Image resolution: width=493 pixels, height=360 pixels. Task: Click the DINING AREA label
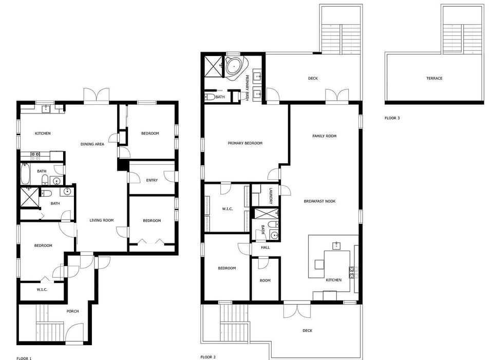pos(92,144)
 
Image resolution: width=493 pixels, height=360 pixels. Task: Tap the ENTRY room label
pos(152,180)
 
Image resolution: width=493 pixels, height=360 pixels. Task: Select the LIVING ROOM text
pos(102,220)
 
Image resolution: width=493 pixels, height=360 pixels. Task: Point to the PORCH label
pos(73,311)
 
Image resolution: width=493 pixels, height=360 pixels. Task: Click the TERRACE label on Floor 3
pos(434,79)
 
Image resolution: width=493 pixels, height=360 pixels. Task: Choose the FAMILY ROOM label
pos(325,136)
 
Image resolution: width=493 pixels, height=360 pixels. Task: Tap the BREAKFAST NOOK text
pos(319,201)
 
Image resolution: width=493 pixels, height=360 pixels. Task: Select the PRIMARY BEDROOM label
pos(245,143)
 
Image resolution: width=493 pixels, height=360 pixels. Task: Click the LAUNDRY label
pos(270,196)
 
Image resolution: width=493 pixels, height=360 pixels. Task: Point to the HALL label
pos(265,248)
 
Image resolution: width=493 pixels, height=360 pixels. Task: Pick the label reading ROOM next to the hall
pos(265,280)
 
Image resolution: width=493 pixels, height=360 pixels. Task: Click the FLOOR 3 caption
pos(392,118)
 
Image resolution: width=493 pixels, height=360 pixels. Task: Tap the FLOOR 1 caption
pos(24,358)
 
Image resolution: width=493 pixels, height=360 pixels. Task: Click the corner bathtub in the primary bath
pos(235,67)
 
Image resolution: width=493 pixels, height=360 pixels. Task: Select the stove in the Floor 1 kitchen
pos(35,154)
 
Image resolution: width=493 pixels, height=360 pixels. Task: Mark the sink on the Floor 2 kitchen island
pos(337,245)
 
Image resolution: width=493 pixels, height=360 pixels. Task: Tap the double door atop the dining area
pos(97,96)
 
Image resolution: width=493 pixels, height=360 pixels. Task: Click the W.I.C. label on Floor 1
pos(42,290)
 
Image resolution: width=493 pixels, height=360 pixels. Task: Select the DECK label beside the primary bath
pos(313,79)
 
